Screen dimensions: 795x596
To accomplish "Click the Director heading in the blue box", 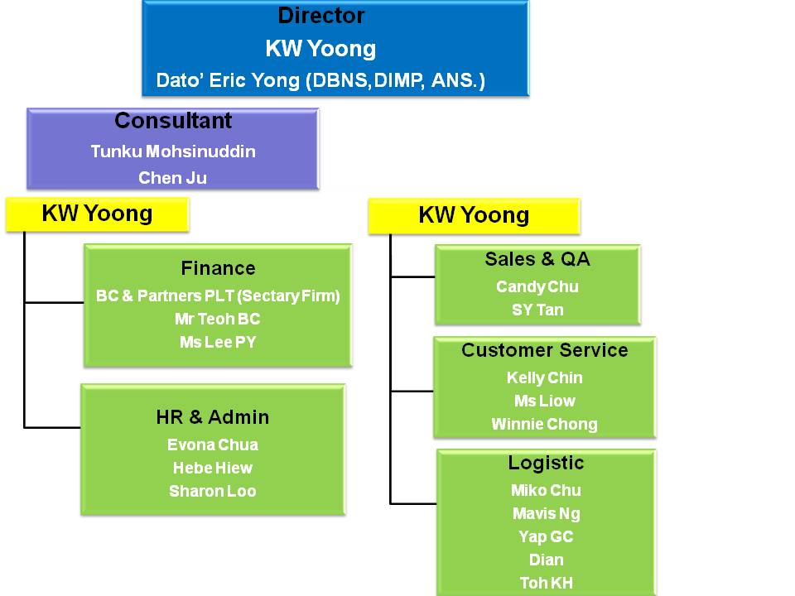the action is (x=321, y=16).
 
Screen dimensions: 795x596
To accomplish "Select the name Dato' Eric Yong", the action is (x=229, y=80).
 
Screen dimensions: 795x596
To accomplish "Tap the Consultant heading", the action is (x=173, y=121).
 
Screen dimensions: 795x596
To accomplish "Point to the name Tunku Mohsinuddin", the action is (x=173, y=151).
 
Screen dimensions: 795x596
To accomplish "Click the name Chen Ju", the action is (x=172, y=178).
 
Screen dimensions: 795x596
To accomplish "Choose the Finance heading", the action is (x=218, y=268).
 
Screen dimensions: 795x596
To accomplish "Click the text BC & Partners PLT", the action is (x=166, y=296).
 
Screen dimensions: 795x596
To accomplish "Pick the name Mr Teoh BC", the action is (x=218, y=319).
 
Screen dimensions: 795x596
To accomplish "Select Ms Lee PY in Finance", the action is (x=218, y=342).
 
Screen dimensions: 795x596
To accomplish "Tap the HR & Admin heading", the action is (x=213, y=417).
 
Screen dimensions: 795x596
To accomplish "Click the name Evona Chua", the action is (x=213, y=445).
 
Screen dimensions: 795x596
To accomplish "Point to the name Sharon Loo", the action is (x=213, y=491).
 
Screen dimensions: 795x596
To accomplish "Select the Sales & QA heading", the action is (x=537, y=259).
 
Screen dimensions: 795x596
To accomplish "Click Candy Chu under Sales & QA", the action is (x=537, y=287).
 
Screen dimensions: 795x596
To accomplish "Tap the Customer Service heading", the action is (x=545, y=350).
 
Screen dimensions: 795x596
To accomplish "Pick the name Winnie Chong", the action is (x=545, y=424).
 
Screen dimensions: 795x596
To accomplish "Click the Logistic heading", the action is (x=546, y=463).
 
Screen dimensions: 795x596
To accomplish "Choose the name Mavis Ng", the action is (x=546, y=514).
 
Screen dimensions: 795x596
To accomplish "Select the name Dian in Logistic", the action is (x=546, y=560).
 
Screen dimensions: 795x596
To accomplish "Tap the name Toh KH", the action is (x=546, y=584).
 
